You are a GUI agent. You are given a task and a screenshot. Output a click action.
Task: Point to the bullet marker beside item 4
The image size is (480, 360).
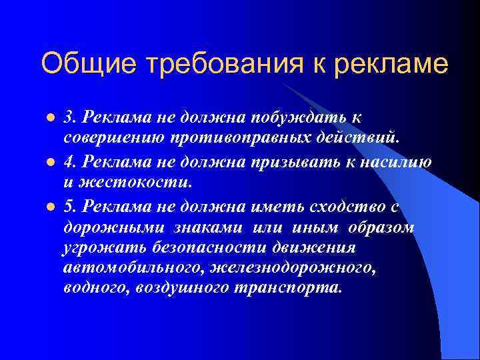pyautogui.click(x=49, y=162)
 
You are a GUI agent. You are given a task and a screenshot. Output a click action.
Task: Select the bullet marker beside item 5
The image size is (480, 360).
pyautogui.click(x=49, y=206)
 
